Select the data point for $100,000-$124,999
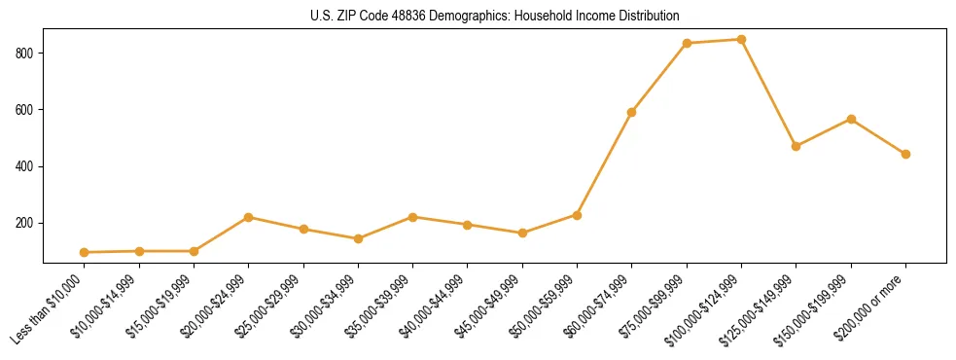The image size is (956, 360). [x=741, y=40]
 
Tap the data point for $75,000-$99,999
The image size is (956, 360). [x=687, y=44]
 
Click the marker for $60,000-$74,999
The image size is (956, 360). [x=632, y=112]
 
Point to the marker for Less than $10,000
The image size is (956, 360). [x=85, y=252]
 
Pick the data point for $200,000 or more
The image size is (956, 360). [x=905, y=154]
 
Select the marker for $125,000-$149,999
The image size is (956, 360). [x=796, y=146]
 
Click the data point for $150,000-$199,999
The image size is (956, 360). [x=851, y=119]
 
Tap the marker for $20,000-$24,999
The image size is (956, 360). [x=249, y=217]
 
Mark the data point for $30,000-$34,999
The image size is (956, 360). [x=358, y=238]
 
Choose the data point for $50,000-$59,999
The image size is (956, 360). [x=577, y=215]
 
